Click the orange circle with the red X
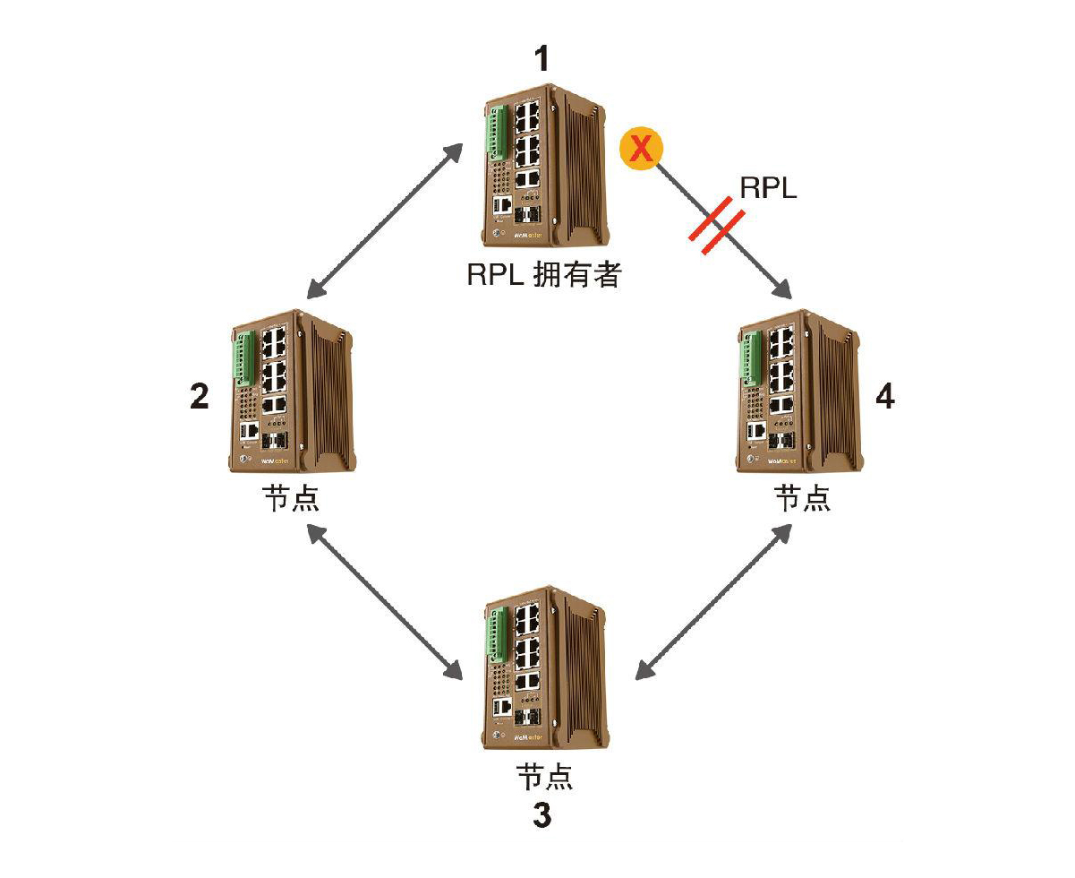(x=641, y=147)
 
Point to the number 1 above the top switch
(x=542, y=59)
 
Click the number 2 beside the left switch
(x=200, y=396)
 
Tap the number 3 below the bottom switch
(x=542, y=814)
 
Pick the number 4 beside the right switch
(x=884, y=396)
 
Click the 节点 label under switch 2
(x=290, y=498)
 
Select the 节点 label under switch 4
(x=801, y=498)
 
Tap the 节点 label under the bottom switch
(x=544, y=776)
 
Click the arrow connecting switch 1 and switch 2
(x=385, y=220)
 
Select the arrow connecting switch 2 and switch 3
(x=385, y=600)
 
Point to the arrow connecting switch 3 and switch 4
(x=712, y=600)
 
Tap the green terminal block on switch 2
(x=245, y=358)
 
